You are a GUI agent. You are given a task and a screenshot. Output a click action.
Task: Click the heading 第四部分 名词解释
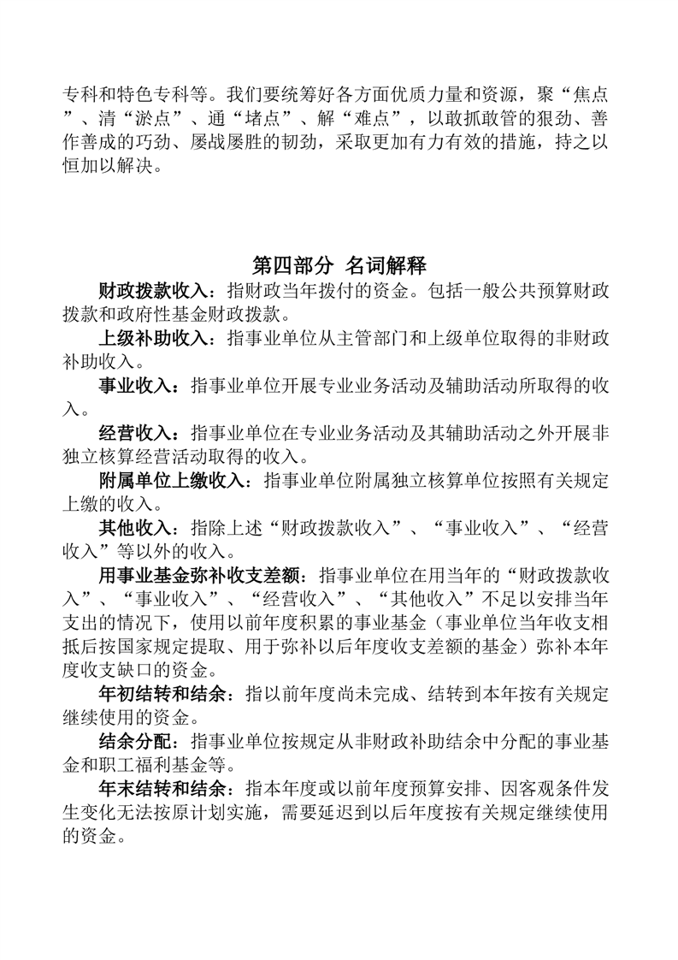coord(339,264)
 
